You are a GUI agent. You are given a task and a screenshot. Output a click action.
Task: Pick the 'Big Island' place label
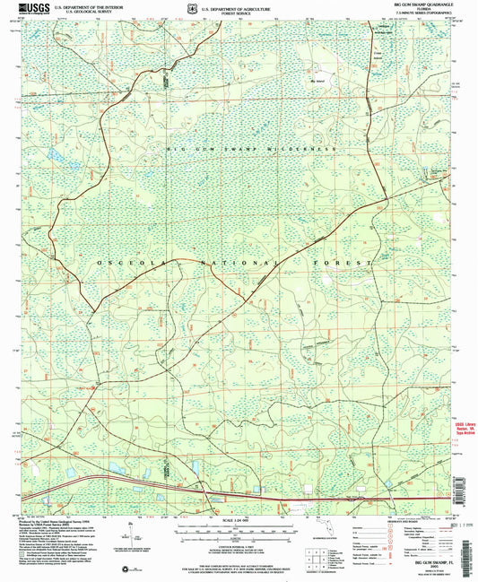314,81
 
